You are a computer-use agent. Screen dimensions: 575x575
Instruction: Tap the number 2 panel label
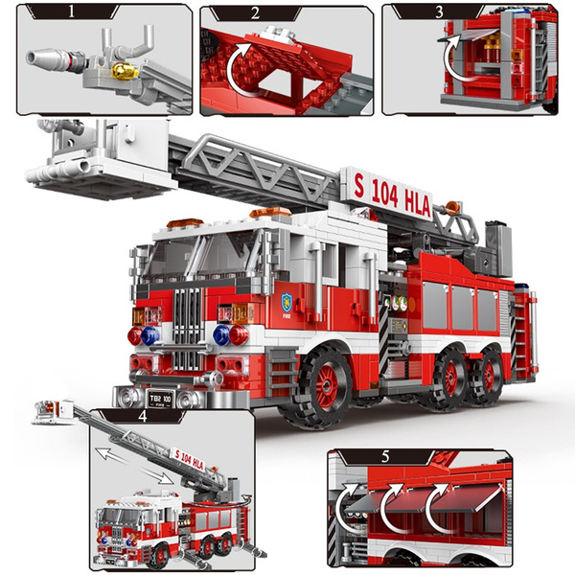[x=254, y=12]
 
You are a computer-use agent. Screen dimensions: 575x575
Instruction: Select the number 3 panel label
[x=439, y=12]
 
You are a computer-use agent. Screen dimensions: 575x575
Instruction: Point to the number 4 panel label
[x=144, y=417]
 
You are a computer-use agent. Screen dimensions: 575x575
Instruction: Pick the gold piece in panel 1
[x=123, y=70]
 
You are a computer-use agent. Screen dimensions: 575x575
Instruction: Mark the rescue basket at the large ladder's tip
[x=91, y=158]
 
